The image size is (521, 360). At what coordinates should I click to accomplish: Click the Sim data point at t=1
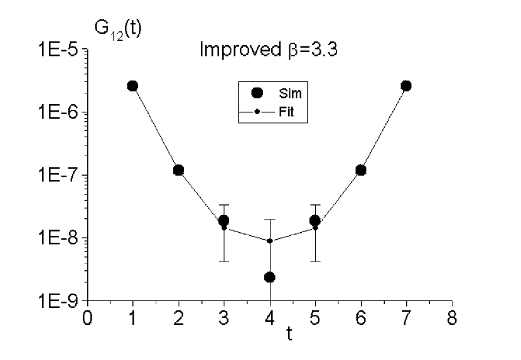[x=132, y=86]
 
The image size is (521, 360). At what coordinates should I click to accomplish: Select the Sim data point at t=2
[x=178, y=170]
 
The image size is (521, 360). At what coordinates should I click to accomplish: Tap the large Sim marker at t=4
[x=270, y=277]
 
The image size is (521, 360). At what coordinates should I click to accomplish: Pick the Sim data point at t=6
[x=361, y=170]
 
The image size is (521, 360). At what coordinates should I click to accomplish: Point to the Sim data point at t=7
[x=406, y=86]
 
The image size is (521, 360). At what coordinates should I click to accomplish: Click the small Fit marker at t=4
[x=270, y=241]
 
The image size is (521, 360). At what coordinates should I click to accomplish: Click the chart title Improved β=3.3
[x=269, y=50]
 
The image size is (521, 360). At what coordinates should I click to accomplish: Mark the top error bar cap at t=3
[x=224, y=205]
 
